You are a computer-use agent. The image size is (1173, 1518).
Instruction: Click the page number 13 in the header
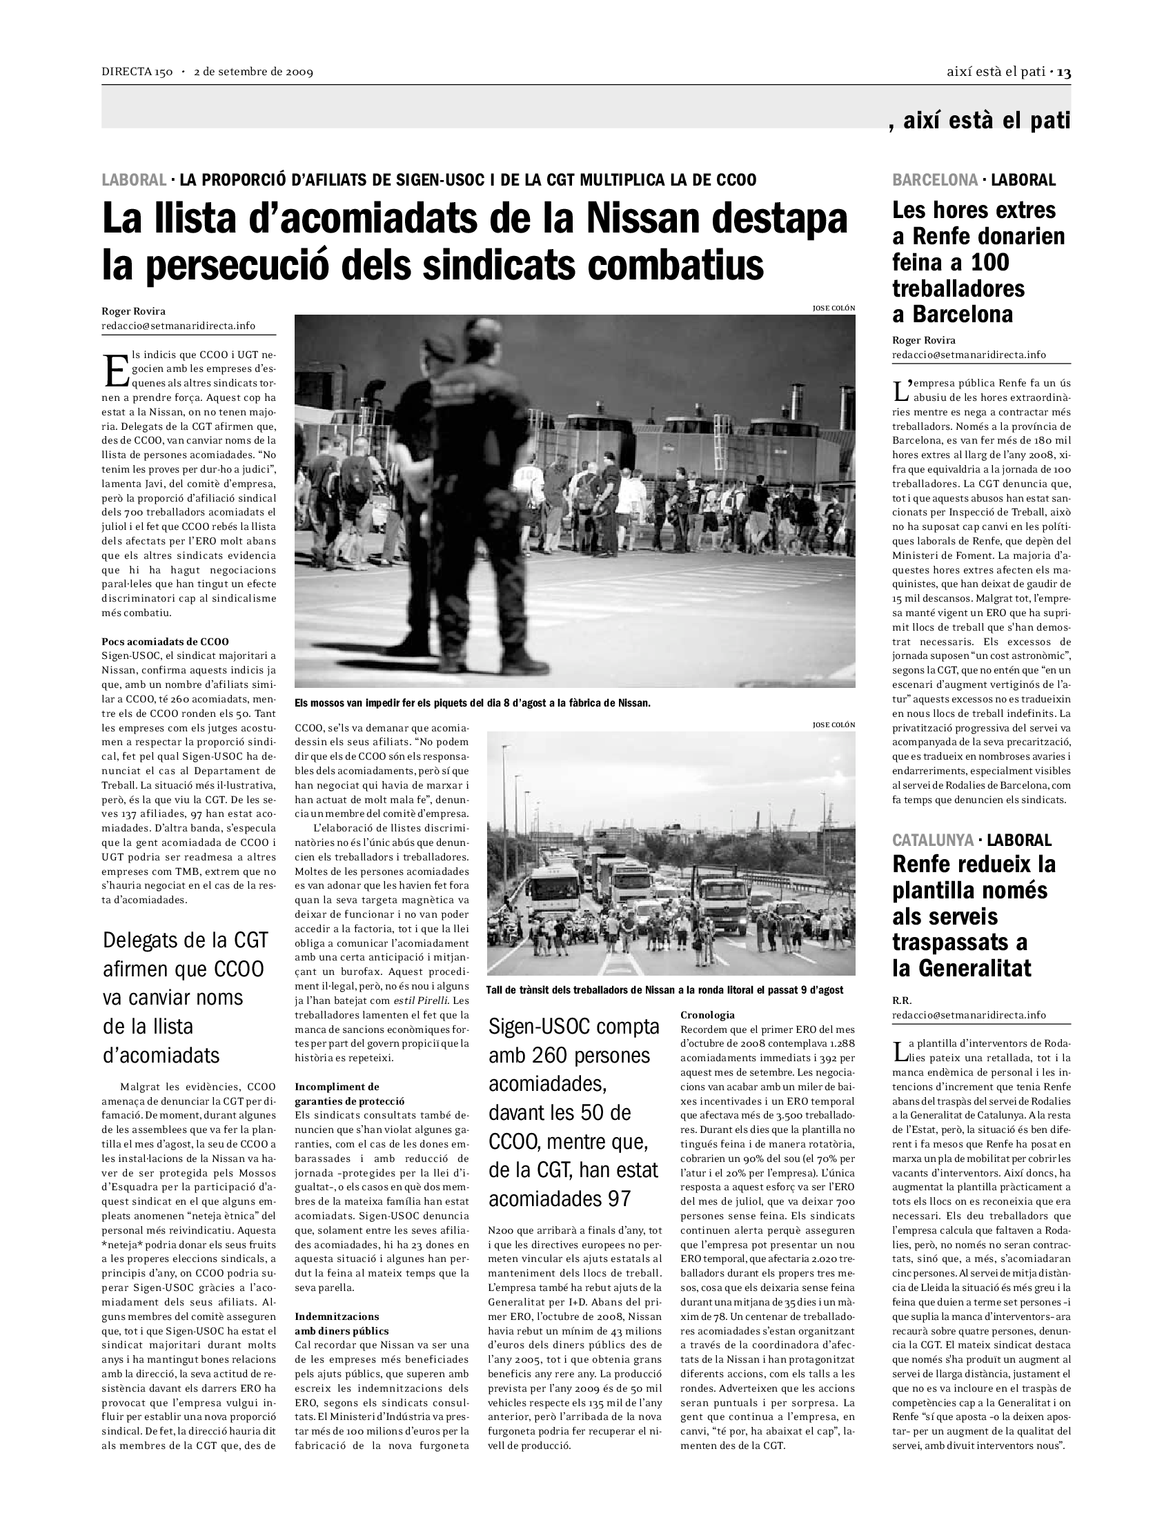pos(1063,72)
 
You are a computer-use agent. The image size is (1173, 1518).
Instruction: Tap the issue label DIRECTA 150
pos(137,72)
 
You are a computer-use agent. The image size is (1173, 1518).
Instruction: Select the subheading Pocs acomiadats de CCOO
pos(166,642)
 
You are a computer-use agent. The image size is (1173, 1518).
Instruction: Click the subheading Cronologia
pos(707,1015)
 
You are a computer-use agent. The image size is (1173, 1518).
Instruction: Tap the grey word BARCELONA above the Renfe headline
pos(935,180)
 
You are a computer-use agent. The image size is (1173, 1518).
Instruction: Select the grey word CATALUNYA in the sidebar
pos(933,840)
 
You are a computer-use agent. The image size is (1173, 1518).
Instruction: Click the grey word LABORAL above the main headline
pos(134,180)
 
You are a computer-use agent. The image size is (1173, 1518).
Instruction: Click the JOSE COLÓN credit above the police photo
pos(834,308)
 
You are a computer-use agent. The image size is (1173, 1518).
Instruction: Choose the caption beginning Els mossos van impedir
pos(472,702)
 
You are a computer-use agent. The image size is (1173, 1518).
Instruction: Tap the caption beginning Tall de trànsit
pos(664,989)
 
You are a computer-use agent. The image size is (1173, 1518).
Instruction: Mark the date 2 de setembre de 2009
pos(254,72)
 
